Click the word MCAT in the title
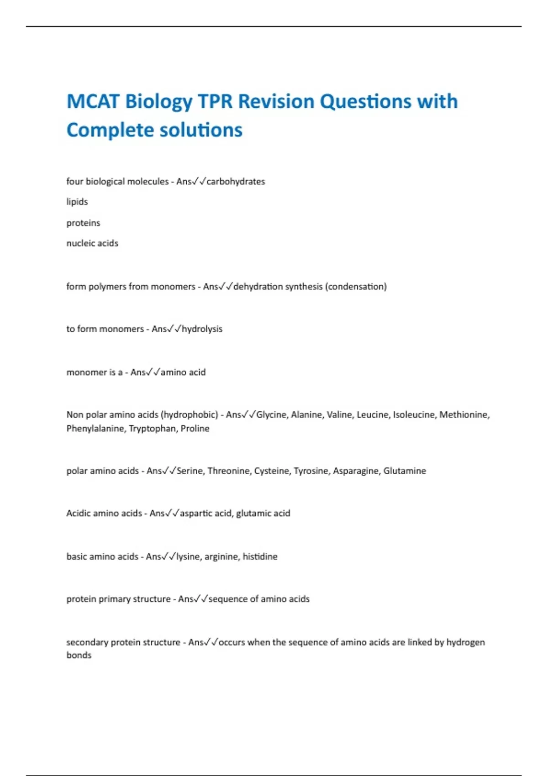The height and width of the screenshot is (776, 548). [x=94, y=101]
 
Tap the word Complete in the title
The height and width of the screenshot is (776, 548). [x=110, y=130]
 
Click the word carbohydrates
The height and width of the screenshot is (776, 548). [x=236, y=181]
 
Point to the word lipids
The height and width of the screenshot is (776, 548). [x=77, y=202]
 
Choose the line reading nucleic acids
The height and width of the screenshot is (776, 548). [x=92, y=243]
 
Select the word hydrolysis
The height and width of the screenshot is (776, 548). [x=202, y=329]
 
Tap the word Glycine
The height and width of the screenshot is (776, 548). [x=272, y=415]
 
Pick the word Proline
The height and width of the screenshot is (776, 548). [x=195, y=429]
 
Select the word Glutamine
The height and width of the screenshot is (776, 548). [x=405, y=471]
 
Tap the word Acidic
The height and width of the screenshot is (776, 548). [x=79, y=514]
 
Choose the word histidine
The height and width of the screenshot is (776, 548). [x=260, y=557]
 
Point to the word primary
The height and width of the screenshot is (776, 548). [x=108, y=599]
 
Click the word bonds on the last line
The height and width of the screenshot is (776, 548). [x=79, y=655]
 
